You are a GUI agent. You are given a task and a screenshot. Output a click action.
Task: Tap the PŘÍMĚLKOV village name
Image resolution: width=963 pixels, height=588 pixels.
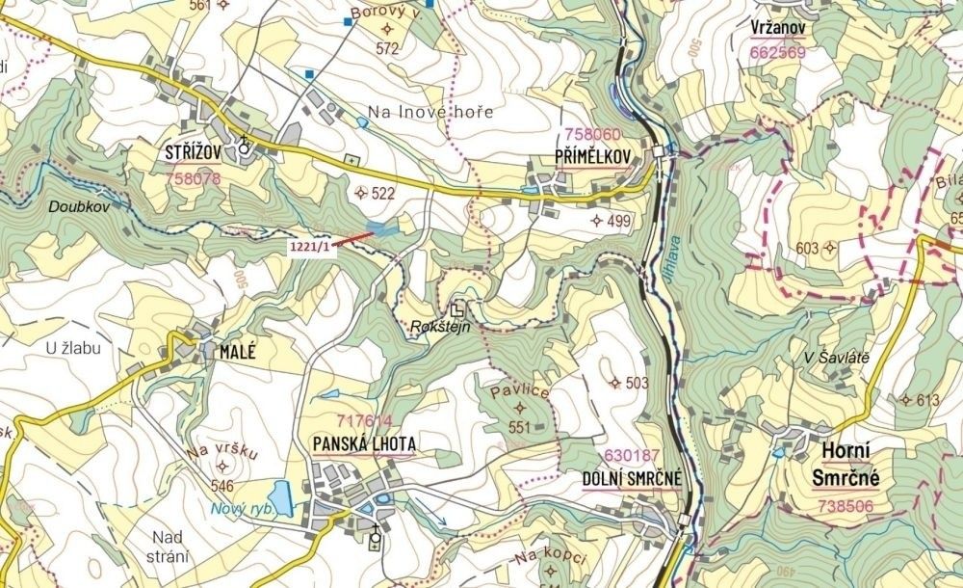592,155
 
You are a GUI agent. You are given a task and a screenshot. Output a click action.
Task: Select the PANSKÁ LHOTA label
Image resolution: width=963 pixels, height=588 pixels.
364,443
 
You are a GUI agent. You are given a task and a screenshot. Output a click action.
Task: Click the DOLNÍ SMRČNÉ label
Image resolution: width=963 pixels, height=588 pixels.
631,478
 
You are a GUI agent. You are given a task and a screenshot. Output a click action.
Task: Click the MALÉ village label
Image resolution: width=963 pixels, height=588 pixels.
238,352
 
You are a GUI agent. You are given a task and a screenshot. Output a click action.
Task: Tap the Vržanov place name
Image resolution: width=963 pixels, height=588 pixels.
777,29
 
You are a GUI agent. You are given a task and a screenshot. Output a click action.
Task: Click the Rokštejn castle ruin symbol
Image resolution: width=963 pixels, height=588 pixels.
458,308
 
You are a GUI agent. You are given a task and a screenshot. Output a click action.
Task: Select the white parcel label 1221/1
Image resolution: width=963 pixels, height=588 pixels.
309,247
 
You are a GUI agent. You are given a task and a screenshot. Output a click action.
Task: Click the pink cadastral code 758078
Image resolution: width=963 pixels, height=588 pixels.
193,178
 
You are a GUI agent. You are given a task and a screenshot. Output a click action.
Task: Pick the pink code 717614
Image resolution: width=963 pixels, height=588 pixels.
365,421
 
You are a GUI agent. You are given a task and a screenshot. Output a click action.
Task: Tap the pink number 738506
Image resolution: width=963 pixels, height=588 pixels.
846,505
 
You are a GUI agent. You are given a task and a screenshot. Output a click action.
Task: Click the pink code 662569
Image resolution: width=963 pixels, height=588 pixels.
777,53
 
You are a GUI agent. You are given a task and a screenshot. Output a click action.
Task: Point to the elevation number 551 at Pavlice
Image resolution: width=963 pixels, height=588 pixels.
520,427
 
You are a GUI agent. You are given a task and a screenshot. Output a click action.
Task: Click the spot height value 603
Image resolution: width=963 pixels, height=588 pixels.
807,249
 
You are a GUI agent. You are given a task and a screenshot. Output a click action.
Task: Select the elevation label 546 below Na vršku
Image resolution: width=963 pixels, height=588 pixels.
222,486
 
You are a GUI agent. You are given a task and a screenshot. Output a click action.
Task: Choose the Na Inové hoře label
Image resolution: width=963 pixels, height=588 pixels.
430,112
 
